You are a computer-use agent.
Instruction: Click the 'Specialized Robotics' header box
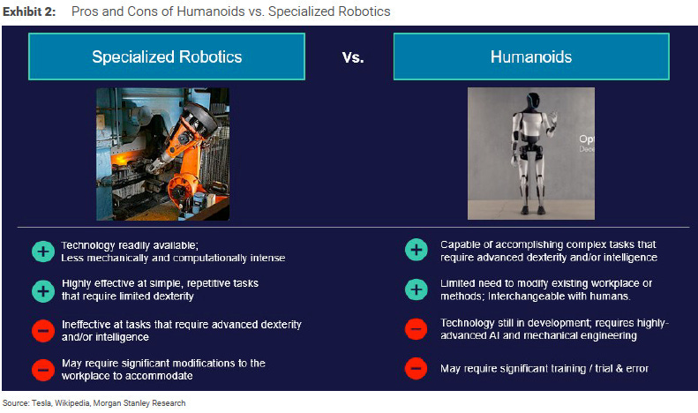(x=167, y=56)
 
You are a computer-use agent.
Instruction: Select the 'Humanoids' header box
(x=530, y=56)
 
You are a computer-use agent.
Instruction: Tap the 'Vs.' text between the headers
(x=352, y=57)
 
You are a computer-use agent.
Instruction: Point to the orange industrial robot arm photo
(x=162, y=153)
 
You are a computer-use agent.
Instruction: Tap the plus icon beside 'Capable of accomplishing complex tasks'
(x=417, y=251)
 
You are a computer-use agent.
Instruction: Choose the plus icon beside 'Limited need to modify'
(x=417, y=289)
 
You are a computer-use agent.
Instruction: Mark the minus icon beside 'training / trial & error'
(x=417, y=368)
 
